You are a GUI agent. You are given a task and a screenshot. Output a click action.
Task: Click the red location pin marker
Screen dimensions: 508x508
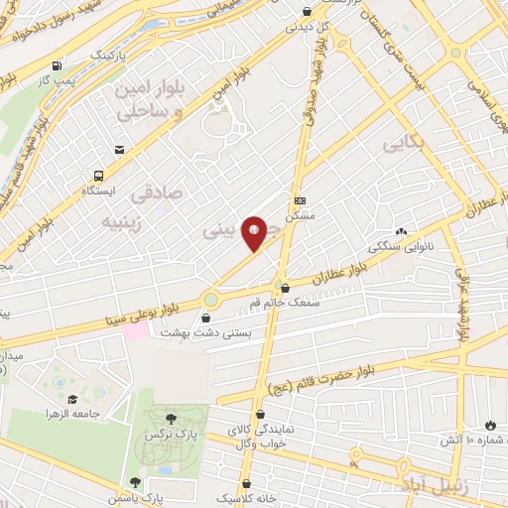pos(254,233)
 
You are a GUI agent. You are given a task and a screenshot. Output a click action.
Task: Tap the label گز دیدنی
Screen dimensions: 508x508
pos(306,27)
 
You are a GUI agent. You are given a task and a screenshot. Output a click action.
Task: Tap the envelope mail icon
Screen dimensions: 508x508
pos(119,150)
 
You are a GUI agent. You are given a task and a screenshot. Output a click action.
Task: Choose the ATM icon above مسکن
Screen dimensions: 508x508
pos(299,198)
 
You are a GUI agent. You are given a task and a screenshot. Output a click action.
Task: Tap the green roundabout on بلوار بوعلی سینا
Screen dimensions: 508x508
pos(210,298)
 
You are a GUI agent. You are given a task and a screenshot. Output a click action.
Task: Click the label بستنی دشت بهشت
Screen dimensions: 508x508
pos(213,334)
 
